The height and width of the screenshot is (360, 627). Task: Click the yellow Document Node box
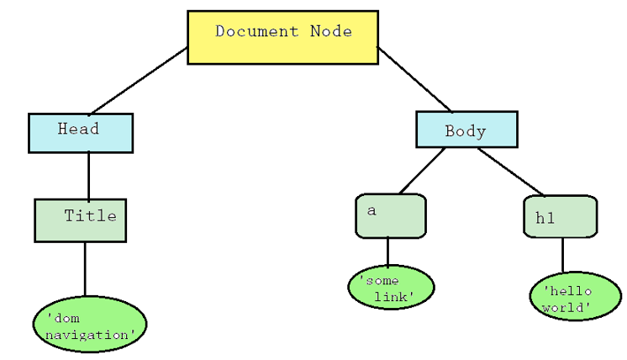coord(282,37)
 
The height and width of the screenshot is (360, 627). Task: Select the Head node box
coord(81,133)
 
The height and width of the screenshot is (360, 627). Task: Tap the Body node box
coord(466,130)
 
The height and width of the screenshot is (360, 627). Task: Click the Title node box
coord(81,220)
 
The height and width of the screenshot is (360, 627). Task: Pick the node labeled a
coord(390,216)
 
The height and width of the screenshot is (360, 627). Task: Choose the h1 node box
coord(560,217)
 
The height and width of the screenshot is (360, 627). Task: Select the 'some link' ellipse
coord(391,288)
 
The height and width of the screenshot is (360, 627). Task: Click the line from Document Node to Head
coord(139,81)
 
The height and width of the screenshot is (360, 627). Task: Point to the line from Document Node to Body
coord(414,79)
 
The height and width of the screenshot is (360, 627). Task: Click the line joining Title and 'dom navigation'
coord(84,269)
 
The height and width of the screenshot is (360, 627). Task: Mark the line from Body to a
coord(422,171)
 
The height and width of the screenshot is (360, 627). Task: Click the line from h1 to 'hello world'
coord(562,255)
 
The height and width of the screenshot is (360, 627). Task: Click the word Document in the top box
coord(248,32)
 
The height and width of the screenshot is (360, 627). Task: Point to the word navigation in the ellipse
coord(90,334)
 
